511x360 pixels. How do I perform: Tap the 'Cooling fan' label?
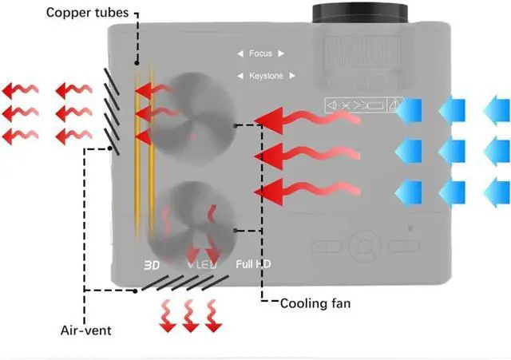click(x=315, y=303)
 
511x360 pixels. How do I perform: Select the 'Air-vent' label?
click(x=85, y=330)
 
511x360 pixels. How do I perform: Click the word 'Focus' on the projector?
click(x=260, y=54)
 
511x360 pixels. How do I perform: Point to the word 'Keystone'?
click(x=266, y=76)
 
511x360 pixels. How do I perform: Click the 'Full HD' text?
click(x=254, y=264)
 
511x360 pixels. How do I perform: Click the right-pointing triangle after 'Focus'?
click(x=281, y=54)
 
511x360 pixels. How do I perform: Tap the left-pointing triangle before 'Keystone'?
click(x=240, y=76)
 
